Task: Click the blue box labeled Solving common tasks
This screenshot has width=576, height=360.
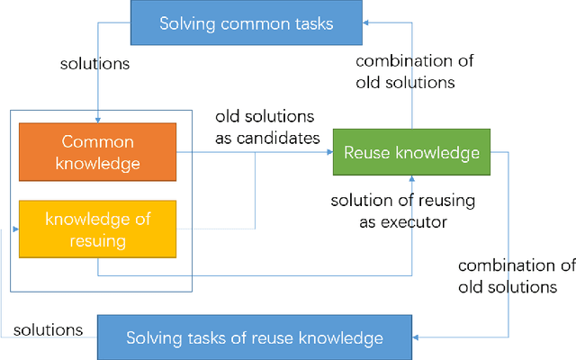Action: (x=246, y=22)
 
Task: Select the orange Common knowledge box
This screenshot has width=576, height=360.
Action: (x=98, y=153)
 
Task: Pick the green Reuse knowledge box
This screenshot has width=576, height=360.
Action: (x=411, y=153)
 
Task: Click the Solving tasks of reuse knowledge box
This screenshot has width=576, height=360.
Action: (x=254, y=338)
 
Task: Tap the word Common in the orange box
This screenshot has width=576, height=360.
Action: (x=98, y=142)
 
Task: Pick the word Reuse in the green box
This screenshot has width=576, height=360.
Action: (x=366, y=153)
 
